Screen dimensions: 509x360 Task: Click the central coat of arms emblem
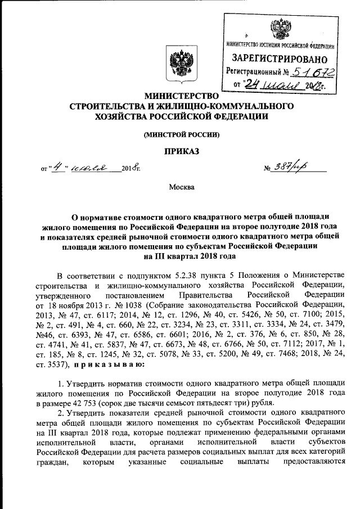point(179,63)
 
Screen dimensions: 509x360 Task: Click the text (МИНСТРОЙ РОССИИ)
point(181,134)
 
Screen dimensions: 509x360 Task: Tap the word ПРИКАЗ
point(181,151)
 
